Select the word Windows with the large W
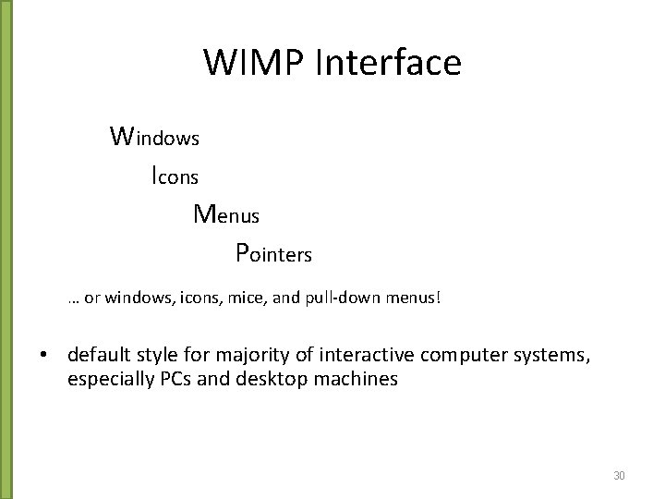point(154,137)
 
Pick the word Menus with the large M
point(226,214)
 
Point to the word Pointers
point(273,252)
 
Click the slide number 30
point(620,475)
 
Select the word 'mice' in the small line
point(247,299)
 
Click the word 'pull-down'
point(335,299)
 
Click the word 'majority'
point(252,356)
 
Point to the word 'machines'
point(354,378)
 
